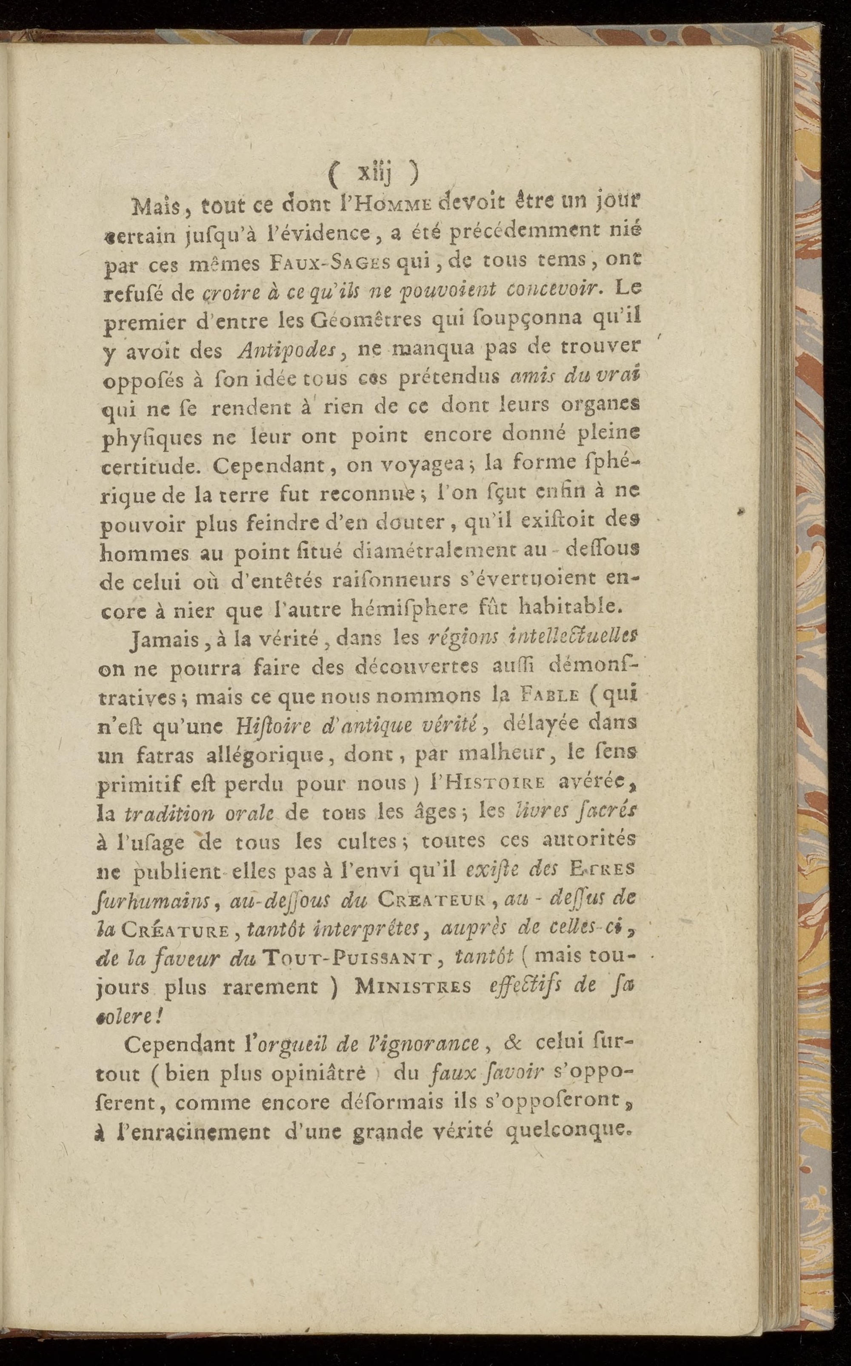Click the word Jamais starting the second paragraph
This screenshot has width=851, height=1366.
159,640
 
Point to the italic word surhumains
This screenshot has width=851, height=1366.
150,901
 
